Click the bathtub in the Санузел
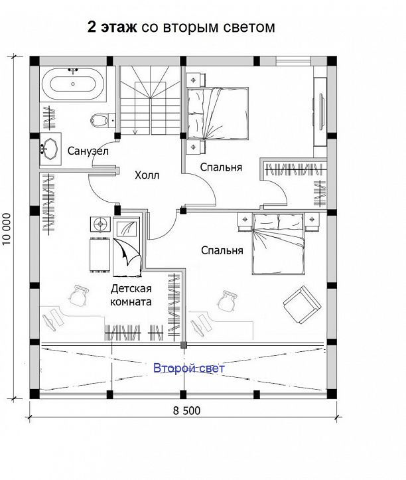pyautogui.click(x=73, y=84)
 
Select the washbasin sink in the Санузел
pyautogui.click(x=50, y=149)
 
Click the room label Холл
pyautogui.click(x=147, y=175)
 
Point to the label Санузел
pyautogui.click(x=88, y=151)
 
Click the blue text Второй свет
pyautogui.click(x=189, y=368)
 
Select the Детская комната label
pyautogui.click(x=131, y=295)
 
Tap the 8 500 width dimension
pyautogui.click(x=186, y=410)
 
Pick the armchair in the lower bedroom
pyautogui.click(x=302, y=305)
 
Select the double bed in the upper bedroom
pyautogui.click(x=217, y=114)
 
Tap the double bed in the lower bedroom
pyautogui.click(x=279, y=244)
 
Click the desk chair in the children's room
pyautogui.click(x=78, y=295)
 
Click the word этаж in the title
pyautogui.click(x=119, y=27)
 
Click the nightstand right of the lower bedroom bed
pyautogui.click(x=312, y=222)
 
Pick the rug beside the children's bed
pyautogui.click(x=100, y=255)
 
